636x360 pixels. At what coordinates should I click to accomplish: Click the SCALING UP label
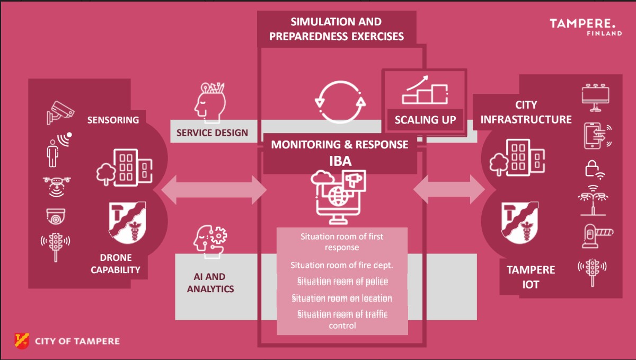[x=425, y=119]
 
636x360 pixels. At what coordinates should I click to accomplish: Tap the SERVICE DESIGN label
[x=212, y=133]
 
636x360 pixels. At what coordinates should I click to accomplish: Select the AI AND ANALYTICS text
[x=214, y=283]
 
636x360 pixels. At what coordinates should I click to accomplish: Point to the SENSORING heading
[x=113, y=120]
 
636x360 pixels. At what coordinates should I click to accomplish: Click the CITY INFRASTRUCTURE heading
[x=526, y=112]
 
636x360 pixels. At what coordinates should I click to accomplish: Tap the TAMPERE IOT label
[x=531, y=277]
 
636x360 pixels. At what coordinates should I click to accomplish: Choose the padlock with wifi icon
[x=594, y=169]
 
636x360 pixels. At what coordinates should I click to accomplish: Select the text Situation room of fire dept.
[x=341, y=265]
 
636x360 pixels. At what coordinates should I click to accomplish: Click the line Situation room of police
[x=342, y=282]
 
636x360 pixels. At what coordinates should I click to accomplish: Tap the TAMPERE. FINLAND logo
[x=586, y=27]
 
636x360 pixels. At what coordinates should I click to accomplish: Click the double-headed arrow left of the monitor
[x=214, y=189]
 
